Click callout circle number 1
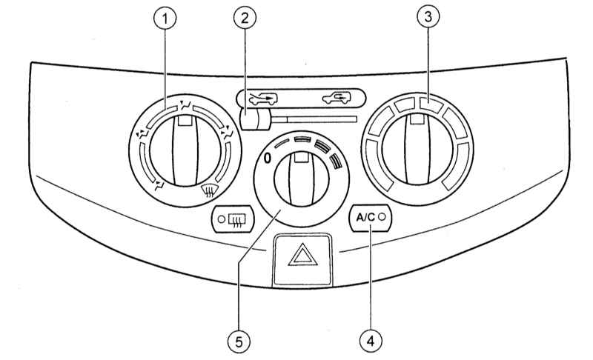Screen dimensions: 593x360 (165, 19)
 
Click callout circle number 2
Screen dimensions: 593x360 (245, 18)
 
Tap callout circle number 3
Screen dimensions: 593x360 (428, 17)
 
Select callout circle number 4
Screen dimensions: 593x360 (371, 341)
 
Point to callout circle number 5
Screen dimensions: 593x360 (239, 342)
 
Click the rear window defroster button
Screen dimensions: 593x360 (233, 219)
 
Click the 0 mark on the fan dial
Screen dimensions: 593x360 (268, 159)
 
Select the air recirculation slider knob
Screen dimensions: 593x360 (254, 119)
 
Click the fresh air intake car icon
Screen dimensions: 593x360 (263, 99)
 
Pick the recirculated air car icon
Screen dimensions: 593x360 (337, 98)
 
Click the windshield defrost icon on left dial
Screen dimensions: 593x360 (207, 191)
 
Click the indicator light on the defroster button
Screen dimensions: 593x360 (222, 219)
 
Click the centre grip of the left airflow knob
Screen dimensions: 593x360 (185, 150)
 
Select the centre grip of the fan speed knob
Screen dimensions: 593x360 (301, 179)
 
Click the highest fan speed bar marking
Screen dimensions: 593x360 (336, 161)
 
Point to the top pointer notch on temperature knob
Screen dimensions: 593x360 (417, 119)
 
